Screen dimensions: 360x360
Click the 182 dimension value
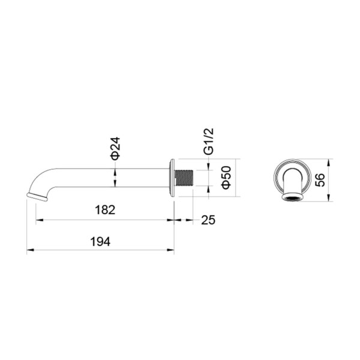coord(105,210)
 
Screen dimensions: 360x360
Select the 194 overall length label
coord(100,242)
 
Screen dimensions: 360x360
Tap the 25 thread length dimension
coord(208,220)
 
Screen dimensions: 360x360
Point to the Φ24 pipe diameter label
coord(115,148)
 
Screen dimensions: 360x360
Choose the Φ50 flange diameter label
coord(226,177)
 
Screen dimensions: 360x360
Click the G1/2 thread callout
coord(209,141)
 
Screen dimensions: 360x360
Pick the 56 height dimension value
coord(320,180)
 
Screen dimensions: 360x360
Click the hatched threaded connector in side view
coord(184,178)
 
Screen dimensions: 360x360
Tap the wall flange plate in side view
coord(172,178)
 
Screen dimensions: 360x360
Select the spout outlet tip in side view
coord(37,197)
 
